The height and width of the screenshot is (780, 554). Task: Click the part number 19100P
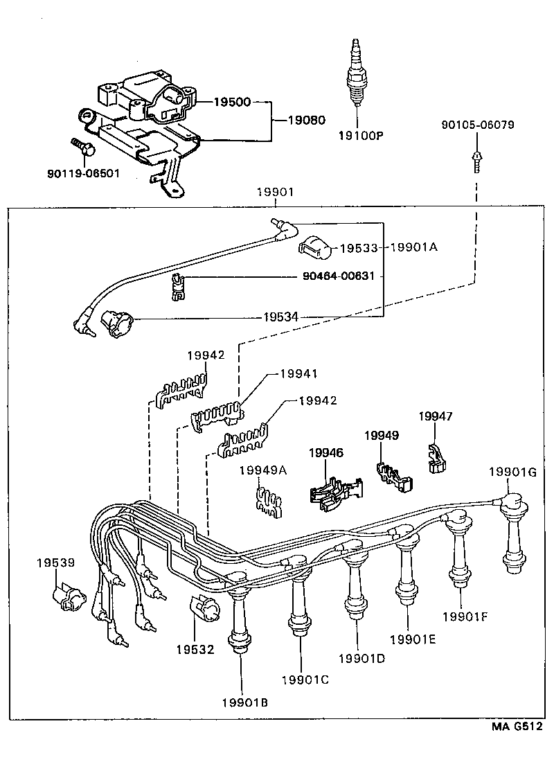click(x=361, y=136)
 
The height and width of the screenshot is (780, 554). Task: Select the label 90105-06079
click(x=477, y=125)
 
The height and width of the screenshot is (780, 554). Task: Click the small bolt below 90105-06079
click(x=477, y=161)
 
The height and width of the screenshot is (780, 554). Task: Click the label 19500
click(x=231, y=102)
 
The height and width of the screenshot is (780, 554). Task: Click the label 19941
click(x=298, y=373)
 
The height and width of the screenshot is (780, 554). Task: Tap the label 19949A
click(x=262, y=470)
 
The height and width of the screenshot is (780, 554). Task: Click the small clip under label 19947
click(x=436, y=459)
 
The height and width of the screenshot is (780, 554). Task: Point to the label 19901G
click(x=513, y=472)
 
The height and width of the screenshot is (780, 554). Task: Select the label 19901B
click(x=244, y=702)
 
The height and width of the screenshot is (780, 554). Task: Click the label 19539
click(x=55, y=564)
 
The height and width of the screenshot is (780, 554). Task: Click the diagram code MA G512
click(x=516, y=727)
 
